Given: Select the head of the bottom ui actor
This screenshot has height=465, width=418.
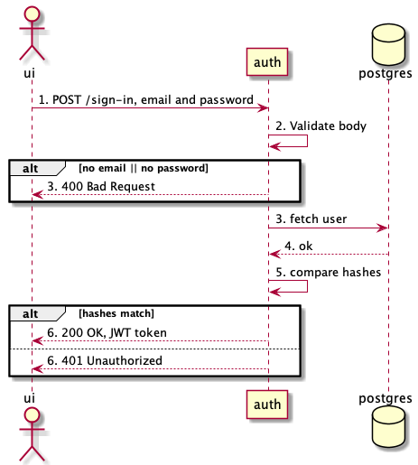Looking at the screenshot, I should coord(32,416).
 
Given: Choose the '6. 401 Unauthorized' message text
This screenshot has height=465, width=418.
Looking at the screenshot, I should coord(105,360).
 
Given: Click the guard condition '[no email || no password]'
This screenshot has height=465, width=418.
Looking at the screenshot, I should coord(144,168).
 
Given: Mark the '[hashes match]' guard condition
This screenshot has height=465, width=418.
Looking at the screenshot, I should coord(116,313).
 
